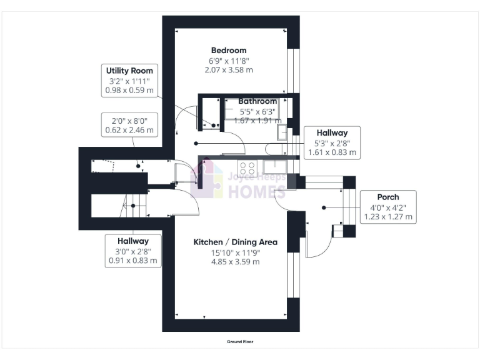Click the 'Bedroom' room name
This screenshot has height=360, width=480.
229,50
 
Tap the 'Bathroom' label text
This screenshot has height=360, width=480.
257,101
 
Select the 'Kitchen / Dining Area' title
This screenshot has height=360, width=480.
235,242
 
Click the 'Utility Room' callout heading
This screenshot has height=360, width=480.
129,71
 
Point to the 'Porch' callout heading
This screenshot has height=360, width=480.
388,197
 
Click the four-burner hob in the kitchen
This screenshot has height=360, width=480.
247,167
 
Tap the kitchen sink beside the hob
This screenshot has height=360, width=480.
274,167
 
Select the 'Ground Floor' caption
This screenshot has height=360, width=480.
239,342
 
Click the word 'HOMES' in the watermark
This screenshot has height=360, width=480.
257,191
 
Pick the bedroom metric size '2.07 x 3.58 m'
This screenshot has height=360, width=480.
229,70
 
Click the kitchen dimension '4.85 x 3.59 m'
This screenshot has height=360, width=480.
235,262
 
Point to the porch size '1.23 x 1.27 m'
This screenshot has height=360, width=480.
388,217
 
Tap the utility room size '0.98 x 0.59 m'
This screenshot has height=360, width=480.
129,91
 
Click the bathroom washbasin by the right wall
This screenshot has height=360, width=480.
282,132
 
